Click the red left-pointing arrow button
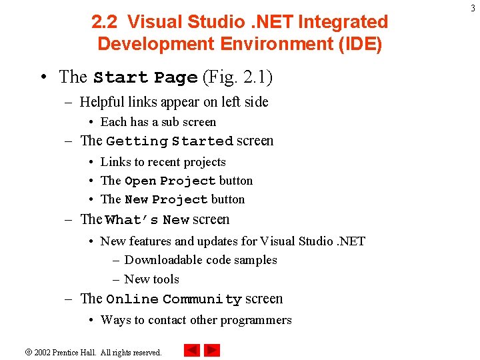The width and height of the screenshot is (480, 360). point(192,350)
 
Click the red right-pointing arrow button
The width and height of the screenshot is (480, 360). point(212,350)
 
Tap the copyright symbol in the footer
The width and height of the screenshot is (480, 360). point(29,352)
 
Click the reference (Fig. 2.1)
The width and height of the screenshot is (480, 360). point(237,77)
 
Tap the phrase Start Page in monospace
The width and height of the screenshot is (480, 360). point(145,77)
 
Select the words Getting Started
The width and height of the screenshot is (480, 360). point(170,141)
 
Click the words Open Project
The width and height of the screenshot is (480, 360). point(170,181)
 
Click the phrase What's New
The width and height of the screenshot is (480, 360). point(148,220)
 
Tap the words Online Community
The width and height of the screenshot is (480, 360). point(174,299)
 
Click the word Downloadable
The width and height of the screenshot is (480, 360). point(162,260)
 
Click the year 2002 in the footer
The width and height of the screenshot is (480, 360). point(42,352)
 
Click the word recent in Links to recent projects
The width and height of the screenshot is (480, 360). point(165,162)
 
